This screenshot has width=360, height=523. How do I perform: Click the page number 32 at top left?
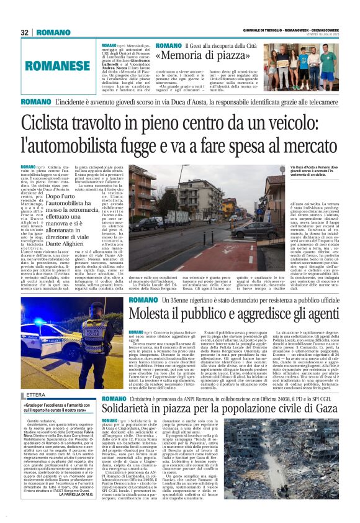point(25,32)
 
